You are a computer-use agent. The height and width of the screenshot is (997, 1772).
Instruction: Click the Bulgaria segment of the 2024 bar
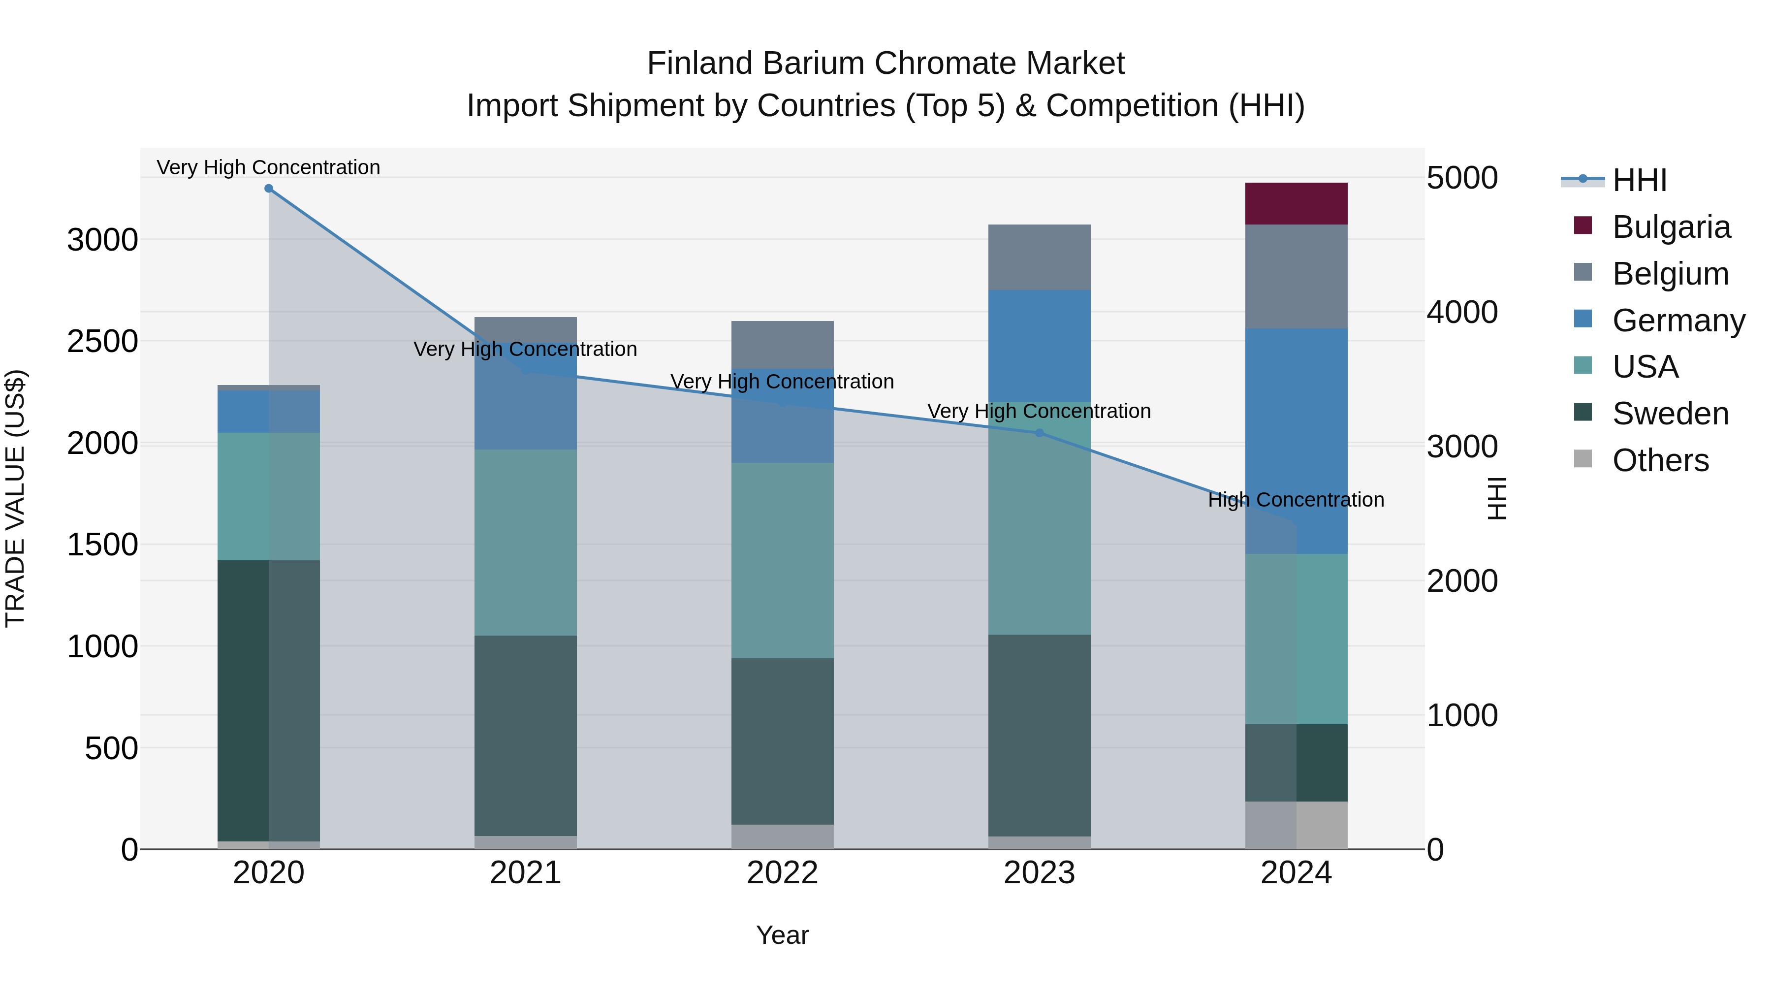(x=1296, y=204)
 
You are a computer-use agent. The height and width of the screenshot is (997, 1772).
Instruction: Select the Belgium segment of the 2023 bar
(x=1039, y=257)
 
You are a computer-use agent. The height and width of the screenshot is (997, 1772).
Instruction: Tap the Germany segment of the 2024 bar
(x=1296, y=440)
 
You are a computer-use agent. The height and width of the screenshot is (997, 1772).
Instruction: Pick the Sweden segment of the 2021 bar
(x=526, y=735)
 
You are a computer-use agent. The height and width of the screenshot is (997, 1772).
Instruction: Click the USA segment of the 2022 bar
(x=782, y=560)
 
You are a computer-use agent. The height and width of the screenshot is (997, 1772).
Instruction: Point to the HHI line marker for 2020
(x=269, y=189)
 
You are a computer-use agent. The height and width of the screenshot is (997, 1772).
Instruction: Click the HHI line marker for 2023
(x=1039, y=433)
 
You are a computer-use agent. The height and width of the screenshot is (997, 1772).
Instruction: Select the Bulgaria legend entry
(x=1670, y=227)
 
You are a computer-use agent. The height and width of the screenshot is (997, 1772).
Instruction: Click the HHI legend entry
(x=1639, y=180)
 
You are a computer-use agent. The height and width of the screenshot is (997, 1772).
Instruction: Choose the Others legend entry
(x=1659, y=460)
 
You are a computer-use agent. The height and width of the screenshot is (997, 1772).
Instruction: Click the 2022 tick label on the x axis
(x=782, y=873)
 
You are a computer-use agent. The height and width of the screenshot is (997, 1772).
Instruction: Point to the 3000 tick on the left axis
(x=102, y=240)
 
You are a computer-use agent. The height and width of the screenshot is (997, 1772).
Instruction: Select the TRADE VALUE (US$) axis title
(x=15, y=498)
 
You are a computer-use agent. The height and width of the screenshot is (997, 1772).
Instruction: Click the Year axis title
(x=782, y=935)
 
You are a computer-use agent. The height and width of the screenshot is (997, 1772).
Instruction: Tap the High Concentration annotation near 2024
(x=1296, y=500)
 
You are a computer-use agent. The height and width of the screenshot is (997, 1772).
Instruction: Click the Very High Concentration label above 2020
(x=268, y=167)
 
